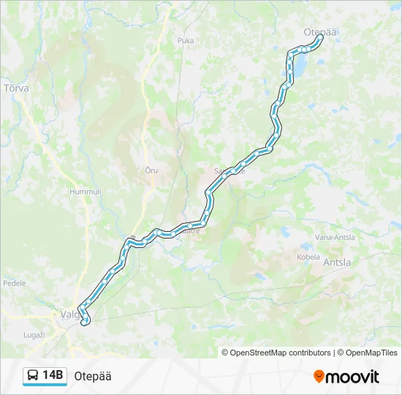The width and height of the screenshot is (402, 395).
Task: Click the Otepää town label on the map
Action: click(319, 31)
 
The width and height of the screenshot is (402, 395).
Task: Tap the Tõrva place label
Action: click(16, 88)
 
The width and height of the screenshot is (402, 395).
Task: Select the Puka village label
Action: click(186, 41)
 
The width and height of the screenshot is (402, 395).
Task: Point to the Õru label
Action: click(151, 170)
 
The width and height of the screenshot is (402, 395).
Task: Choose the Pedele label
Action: click(15, 283)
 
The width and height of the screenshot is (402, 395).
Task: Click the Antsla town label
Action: click(336, 263)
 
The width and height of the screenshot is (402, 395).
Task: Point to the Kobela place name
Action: click(308, 257)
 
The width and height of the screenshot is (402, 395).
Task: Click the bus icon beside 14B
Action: click(33, 376)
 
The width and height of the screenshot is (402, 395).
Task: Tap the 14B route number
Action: click(53, 376)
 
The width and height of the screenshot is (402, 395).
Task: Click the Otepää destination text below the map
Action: click(93, 376)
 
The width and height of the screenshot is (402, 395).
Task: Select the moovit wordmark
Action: click(353, 377)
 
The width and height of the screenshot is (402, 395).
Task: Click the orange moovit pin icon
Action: click(319, 377)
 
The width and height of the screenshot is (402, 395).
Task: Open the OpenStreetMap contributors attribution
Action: click(281, 353)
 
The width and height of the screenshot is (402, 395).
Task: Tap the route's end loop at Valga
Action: click(85, 319)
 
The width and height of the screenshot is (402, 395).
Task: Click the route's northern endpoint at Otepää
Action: click(320, 37)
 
